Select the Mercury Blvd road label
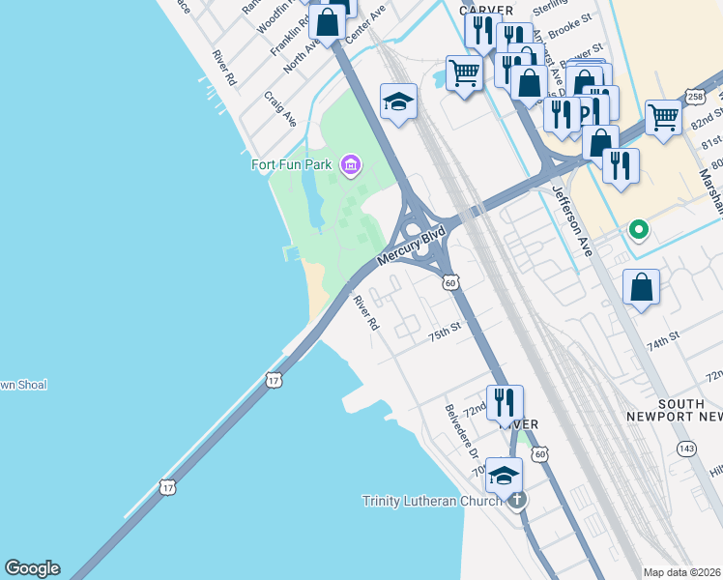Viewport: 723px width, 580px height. pyautogui.click(x=410, y=246)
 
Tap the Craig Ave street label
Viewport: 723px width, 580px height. pyautogui.click(x=280, y=109)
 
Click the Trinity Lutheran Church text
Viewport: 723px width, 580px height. pyautogui.click(x=432, y=501)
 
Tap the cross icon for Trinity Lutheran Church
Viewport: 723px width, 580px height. pyautogui.click(x=517, y=500)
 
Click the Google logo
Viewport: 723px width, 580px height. pyautogui.click(x=32, y=568)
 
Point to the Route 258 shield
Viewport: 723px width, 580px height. pyautogui.click(x=694, y=97)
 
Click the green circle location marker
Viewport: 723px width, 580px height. pyautogui.click(x=638, y=230)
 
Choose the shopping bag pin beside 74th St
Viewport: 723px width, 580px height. pyautogui.click(x=641, y=287)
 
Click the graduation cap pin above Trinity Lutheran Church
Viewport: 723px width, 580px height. pyautogui.click(x=503, y=475)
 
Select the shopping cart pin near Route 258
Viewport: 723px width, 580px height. pyautogui.click(x=663, y=117)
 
